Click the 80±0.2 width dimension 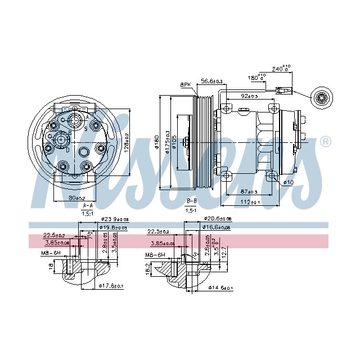(x=77, y=198)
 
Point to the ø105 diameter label (x=174, y=143)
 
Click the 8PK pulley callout (x=185, y=85)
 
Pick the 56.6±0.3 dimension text (x=212, y=82)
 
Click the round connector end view (x=324, y=99)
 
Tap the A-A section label (x=87, y=206)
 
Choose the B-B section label (x=191, y=201)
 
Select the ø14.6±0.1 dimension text (x=221, y=287)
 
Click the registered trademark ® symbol (x=325, y=142)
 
